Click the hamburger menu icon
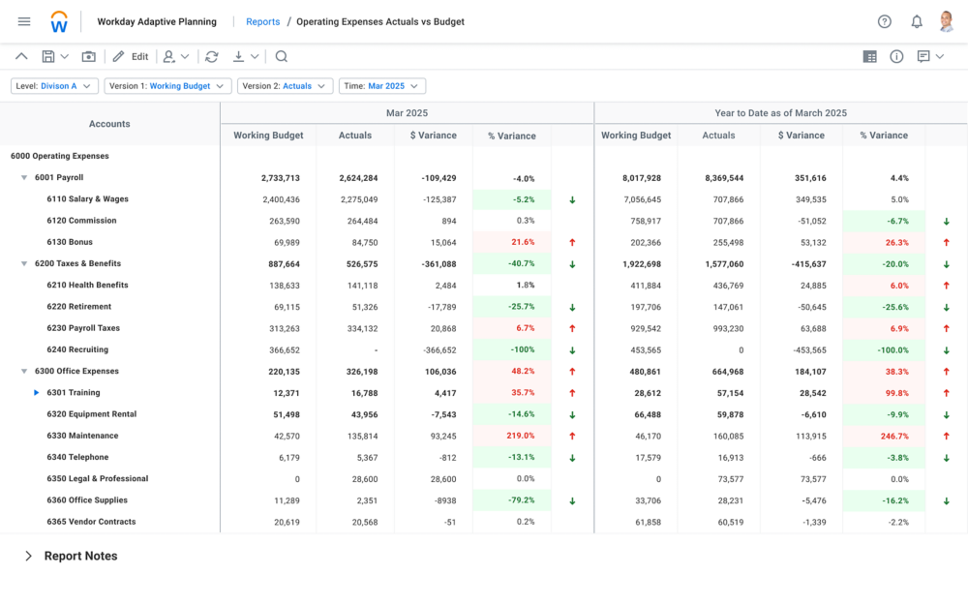coord(24,21)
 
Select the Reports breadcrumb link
coord(262,21)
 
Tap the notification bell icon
coord(916,21)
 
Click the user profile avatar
coord(946,21)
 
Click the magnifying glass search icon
coord(282,57)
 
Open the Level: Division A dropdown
coord(54,86)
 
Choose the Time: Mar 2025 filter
coord(381,86)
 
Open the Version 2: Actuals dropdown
coord(285,86)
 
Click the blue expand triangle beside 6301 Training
coord(37,393)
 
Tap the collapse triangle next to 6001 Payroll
coord(24,178)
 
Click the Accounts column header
coord(109,124)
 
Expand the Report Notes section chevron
coord(28,557)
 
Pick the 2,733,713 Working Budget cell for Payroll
coord(280,178)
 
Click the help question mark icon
coord(884,21)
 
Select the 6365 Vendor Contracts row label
coord(91,522)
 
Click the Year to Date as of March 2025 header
coord(780,113)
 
